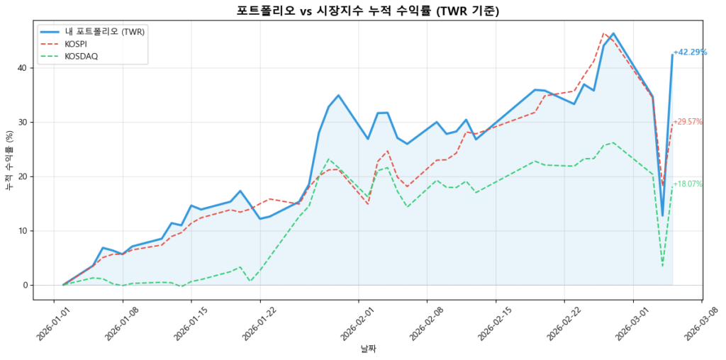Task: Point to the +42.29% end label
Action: click(690, 52)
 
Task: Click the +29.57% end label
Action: click(688, 122)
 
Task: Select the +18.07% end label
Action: click(688, 184)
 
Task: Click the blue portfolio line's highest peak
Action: click(613, 33)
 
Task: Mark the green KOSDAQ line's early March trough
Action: click(662, 266)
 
